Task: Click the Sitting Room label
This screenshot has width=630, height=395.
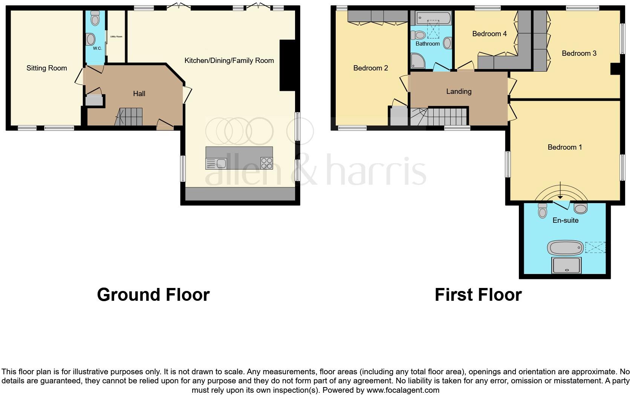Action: tap(47, 68)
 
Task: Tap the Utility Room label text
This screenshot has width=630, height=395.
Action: tap(116, 37)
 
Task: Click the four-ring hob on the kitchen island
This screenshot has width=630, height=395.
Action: tap(266, 163)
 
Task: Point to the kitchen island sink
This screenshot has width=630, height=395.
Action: tap(221, 164)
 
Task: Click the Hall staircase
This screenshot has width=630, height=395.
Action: tap(129, 116)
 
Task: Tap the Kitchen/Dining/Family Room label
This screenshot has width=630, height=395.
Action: tap(229, 61)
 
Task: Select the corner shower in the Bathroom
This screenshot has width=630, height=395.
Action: tap(417, 61)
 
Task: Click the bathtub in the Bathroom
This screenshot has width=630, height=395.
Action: tap(433, 18)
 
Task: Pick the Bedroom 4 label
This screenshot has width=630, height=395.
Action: tap(489, 34)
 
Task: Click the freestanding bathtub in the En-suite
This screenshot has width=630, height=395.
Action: tap(565, 248)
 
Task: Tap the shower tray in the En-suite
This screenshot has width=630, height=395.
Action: tap(566, 265)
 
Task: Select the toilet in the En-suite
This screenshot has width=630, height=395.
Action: tap(543, 211)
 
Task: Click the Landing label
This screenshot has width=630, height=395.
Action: tap(459, 92)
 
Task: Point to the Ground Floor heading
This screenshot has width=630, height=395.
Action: tap(153, 294)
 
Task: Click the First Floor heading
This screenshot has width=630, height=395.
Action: tap(478, 294)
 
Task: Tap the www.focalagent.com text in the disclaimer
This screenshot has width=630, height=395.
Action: tap(403, 390)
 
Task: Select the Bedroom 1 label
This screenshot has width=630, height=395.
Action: tap(564, 147)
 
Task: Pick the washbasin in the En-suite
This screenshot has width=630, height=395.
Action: tap(581, 208)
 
